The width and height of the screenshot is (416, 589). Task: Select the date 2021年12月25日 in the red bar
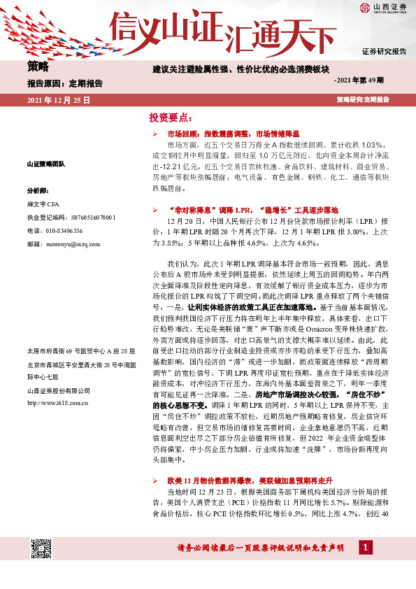tap(59, 101)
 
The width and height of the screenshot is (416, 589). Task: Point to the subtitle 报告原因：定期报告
tap(64, 83)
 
